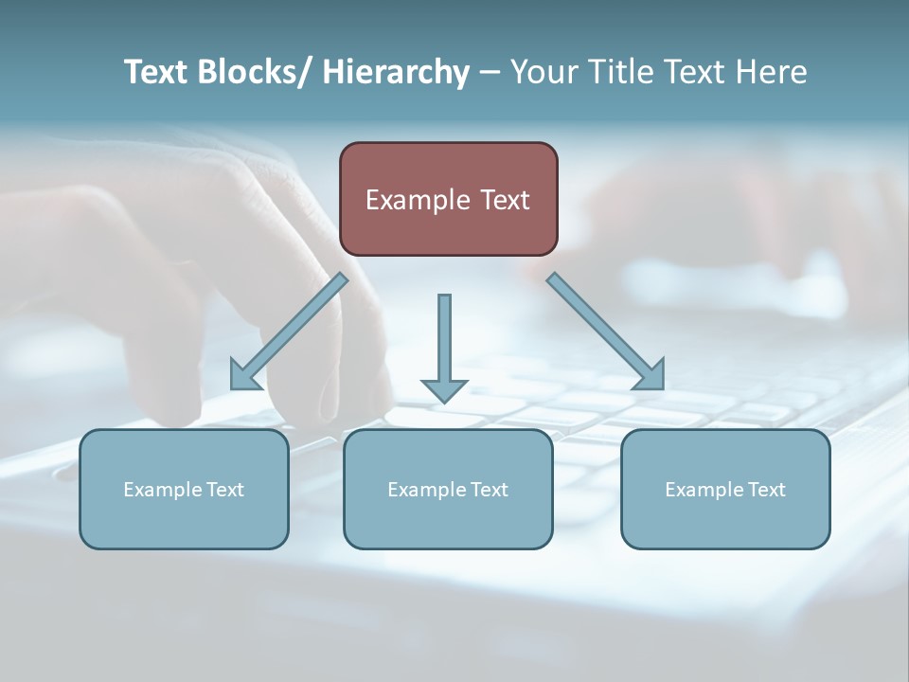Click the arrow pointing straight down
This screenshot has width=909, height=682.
[444, 346]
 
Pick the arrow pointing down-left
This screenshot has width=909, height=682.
[289, 332]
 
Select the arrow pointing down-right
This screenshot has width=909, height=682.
[606, 332]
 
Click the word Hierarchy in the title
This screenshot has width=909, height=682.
[396, 72]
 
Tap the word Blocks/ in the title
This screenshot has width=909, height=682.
[248, 72]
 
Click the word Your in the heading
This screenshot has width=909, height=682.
[543, 72]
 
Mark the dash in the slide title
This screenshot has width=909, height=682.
[490, 72]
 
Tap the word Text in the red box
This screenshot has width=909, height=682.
[505, 200]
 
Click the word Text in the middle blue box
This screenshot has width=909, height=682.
[487, 490]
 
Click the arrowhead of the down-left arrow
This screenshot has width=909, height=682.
[244, 377]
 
